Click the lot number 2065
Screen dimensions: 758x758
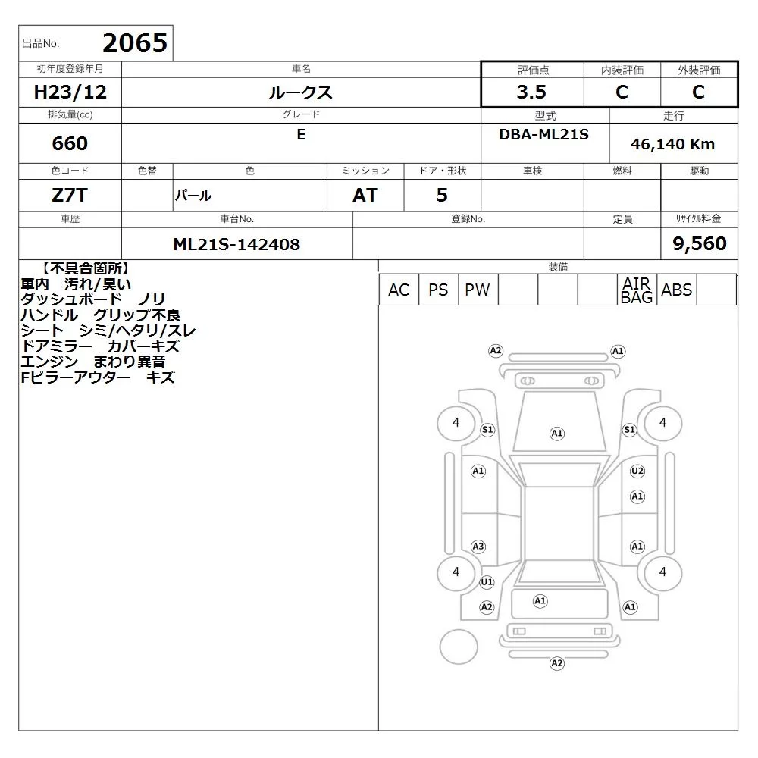click(x=135, y=42)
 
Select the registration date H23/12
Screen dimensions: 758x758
click(x=70, y=92)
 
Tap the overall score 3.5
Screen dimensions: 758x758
click(x=531, y=92)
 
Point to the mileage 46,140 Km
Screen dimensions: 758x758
click(x=672, y=144)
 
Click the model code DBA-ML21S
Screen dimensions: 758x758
click(x=543, y=134)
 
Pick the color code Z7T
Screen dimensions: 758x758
click(x=70, y=196)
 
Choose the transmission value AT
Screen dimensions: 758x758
click(x=365, y=196)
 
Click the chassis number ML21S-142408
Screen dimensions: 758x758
click(x=236, y=244)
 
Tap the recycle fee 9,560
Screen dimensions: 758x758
click(x=700, y=243)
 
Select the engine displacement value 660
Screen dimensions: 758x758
click(x=70, y=143)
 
